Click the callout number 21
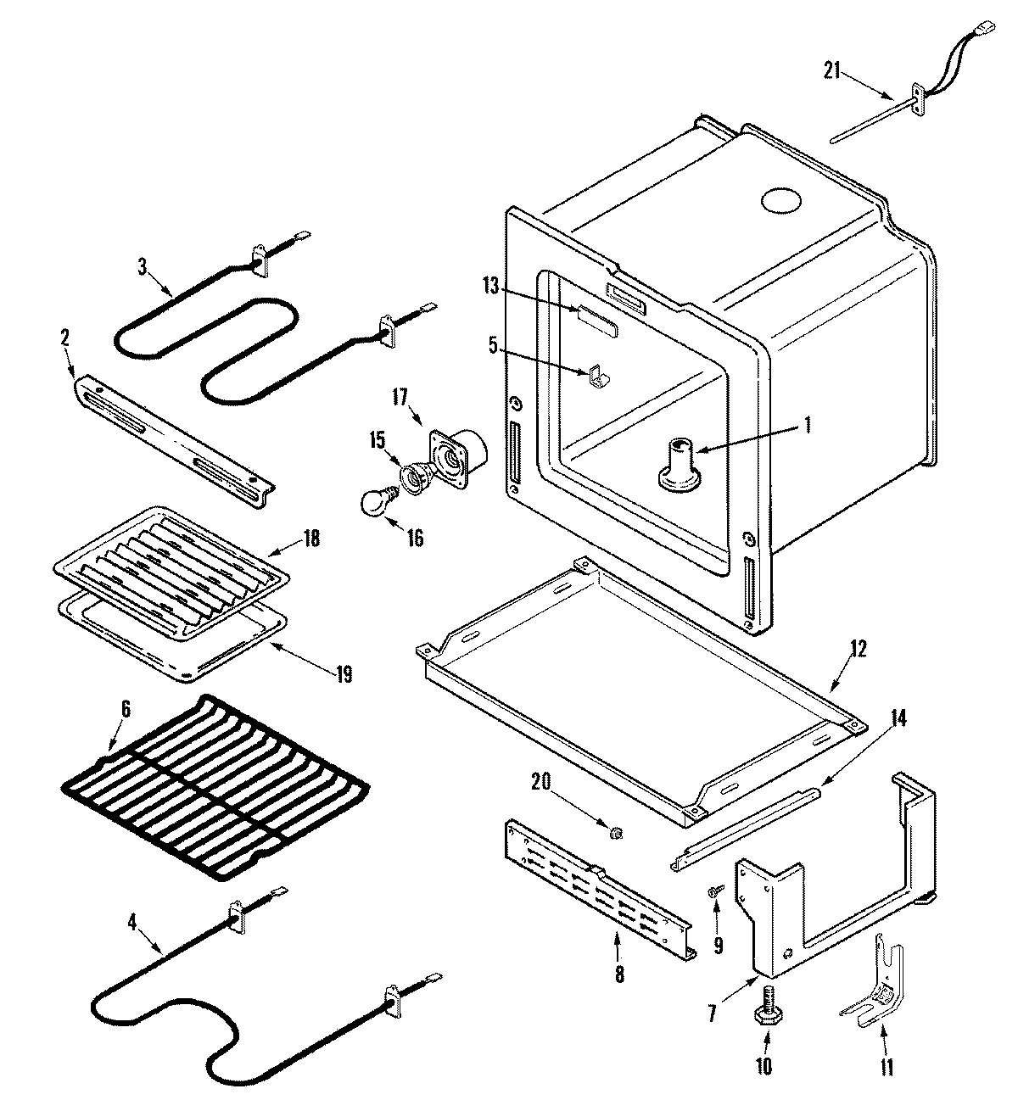click(x=831, y=71)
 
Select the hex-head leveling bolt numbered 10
click(x=763, y=1018)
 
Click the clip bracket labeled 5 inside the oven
click(x=598, y=376)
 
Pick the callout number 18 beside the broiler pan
click(x=311, y=539)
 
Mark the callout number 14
click(x=898, y=719)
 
